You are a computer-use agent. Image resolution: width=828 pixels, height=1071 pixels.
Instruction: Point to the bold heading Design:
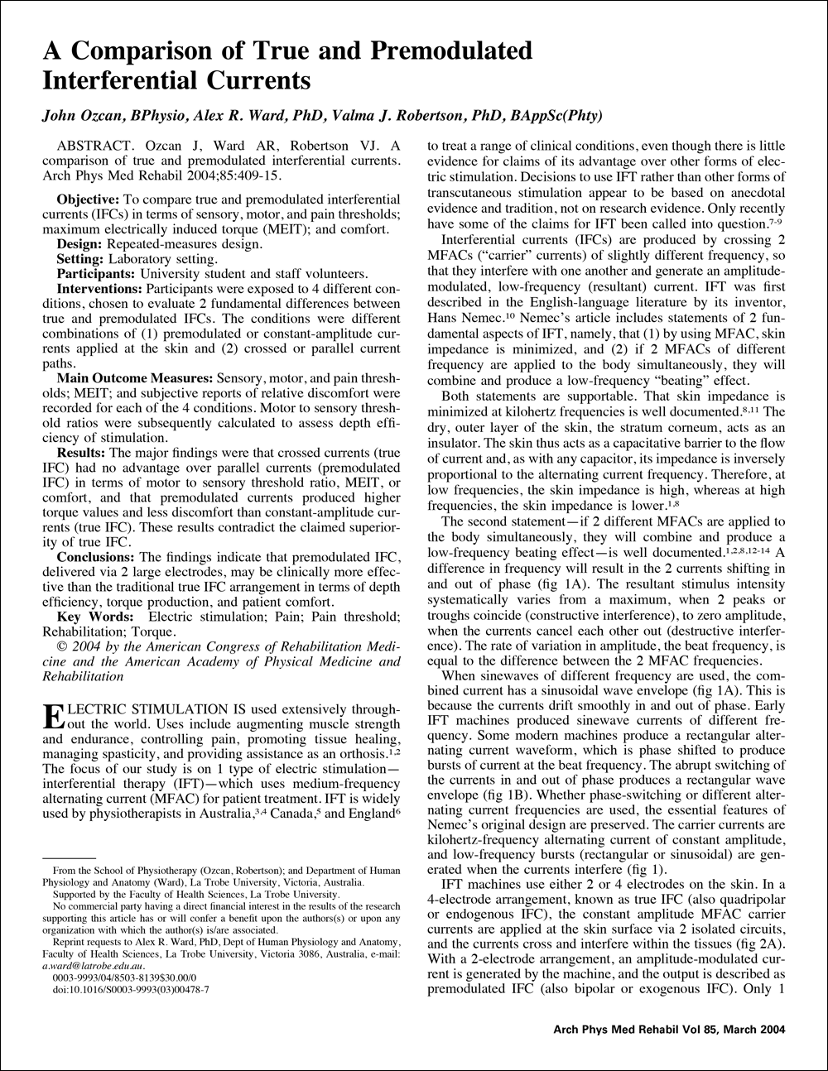pos(81,243)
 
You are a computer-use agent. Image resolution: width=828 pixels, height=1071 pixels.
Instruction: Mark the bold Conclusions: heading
pos(94,556)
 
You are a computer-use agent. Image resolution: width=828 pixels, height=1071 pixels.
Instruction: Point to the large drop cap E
pos(51,717)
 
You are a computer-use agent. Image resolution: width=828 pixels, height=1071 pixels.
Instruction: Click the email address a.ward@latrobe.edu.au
pos(99,965)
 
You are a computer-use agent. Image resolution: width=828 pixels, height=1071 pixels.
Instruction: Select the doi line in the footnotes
pos(129,988)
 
